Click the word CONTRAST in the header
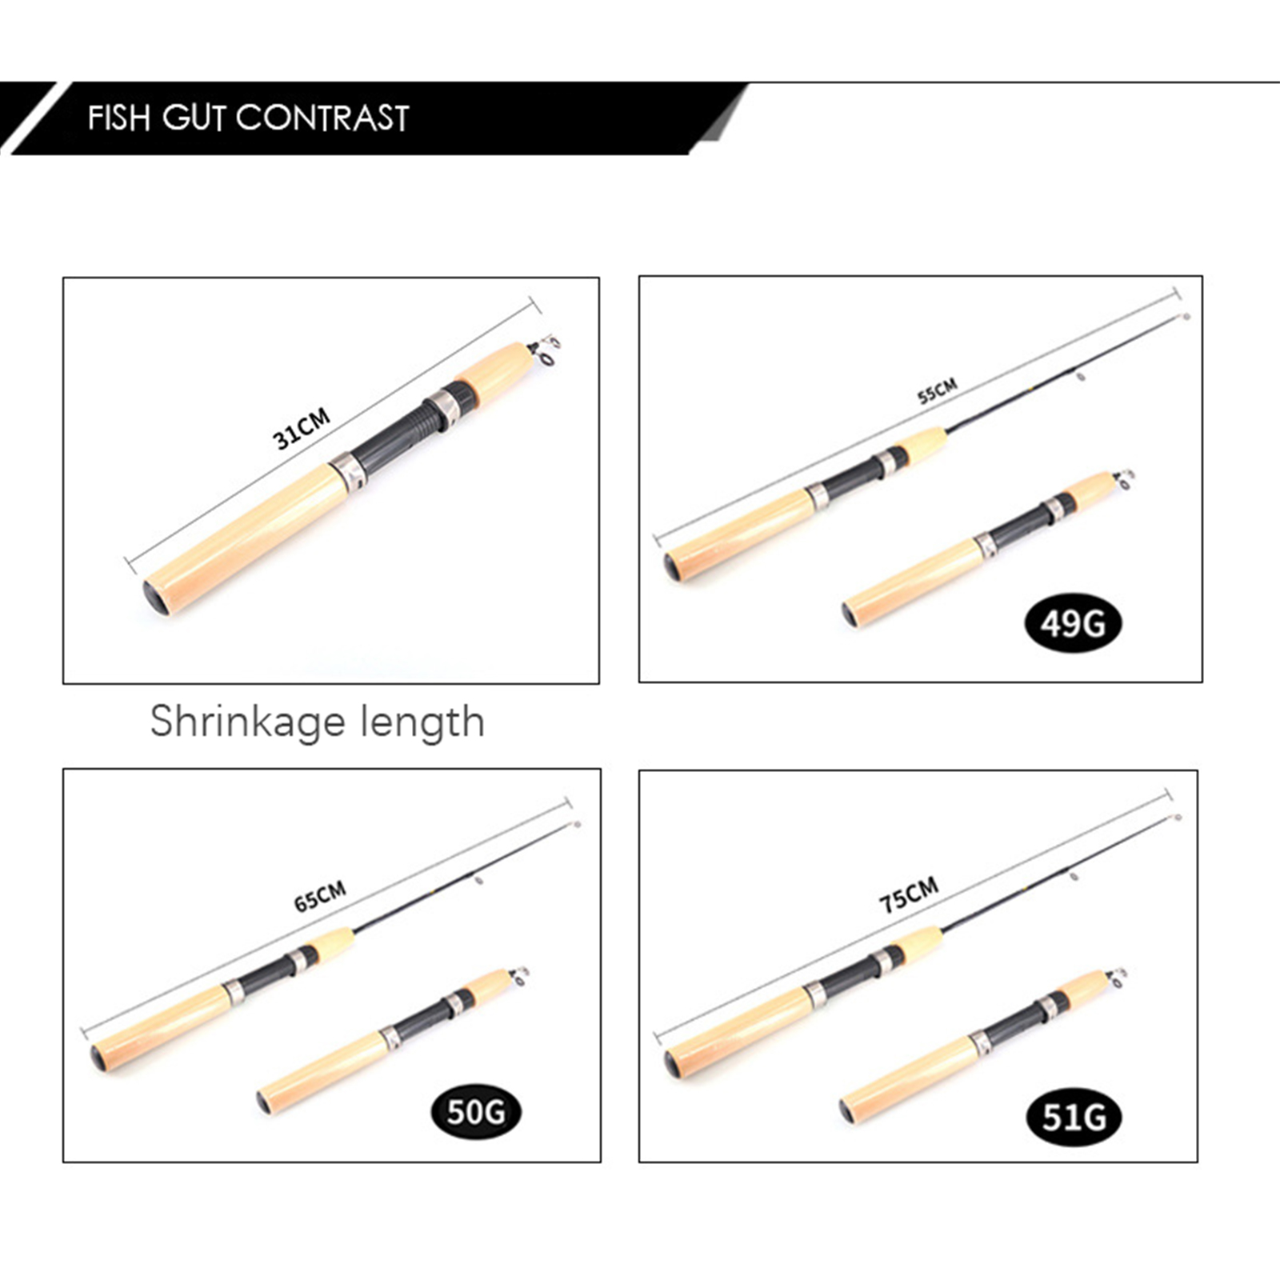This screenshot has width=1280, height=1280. click(322, 118)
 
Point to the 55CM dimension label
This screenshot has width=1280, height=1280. click(938, 391)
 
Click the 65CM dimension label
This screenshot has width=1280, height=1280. click(320, 897)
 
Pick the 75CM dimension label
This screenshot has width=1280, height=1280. click(909, 895)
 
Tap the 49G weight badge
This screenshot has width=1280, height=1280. click(1073, 623)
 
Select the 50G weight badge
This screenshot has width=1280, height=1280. click(476, 1112)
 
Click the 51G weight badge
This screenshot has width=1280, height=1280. click(1074, 1117)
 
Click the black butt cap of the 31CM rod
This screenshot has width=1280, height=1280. click(155, 598)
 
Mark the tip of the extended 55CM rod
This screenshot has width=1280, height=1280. click(1187, 317)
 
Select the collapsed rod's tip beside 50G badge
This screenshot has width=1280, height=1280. click(520, 975)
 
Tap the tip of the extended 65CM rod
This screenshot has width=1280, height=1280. click(576, 824)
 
